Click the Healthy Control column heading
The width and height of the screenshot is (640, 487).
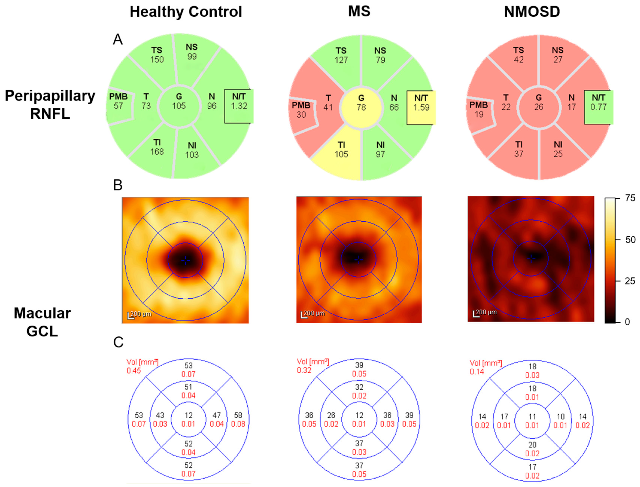pyautogui.click(x=186, y=12)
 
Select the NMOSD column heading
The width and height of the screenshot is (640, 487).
pyautogui.click(x=532, y=12)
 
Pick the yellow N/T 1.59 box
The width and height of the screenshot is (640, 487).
pyautogui.click(x=421, y=108)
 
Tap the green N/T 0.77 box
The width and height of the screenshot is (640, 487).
pyautogui.click(x=598, y=107)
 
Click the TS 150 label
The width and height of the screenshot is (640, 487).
pyautogui.click(x=157, y=55)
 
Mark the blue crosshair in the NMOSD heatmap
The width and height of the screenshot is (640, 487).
pyautogui.click(x=531, y=258)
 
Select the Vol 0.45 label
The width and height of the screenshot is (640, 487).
pyautogui.click(x=142, y=366)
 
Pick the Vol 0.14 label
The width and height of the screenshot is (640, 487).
pyautogui.click(x=485, y=367)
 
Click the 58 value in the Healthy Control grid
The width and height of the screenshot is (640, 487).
pyautogui.click(x=238, y=415)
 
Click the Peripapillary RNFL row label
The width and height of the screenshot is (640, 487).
pyautogui.click(x=50, y=104)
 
